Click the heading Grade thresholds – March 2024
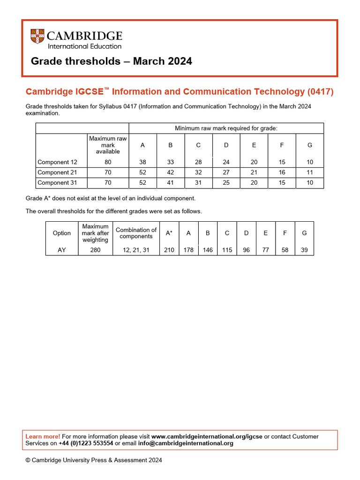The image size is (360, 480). click(111, 61)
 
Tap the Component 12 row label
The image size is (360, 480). click(53, 162)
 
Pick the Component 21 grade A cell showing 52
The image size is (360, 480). click(143, 172)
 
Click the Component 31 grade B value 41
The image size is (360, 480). click(171, 183)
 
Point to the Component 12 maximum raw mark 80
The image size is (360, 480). click(108, 162)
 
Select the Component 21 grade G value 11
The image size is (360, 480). click(309, 172)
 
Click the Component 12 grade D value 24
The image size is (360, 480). click(226, 162)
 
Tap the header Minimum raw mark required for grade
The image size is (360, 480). click(226, 128)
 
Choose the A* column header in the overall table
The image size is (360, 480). click(169, 233)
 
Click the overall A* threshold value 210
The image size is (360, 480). click(169, 250)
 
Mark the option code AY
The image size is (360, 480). click(62, 250)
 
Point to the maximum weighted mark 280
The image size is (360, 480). click(95, 250)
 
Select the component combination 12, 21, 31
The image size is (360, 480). click(136, 250)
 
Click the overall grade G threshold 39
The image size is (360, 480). click(304, 250)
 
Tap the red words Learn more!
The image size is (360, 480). click(43, 436)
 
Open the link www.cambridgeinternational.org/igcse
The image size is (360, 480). click(207, 436)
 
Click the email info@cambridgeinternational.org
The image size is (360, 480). click(186, 443)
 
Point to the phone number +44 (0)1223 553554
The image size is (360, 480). click(86, 443)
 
